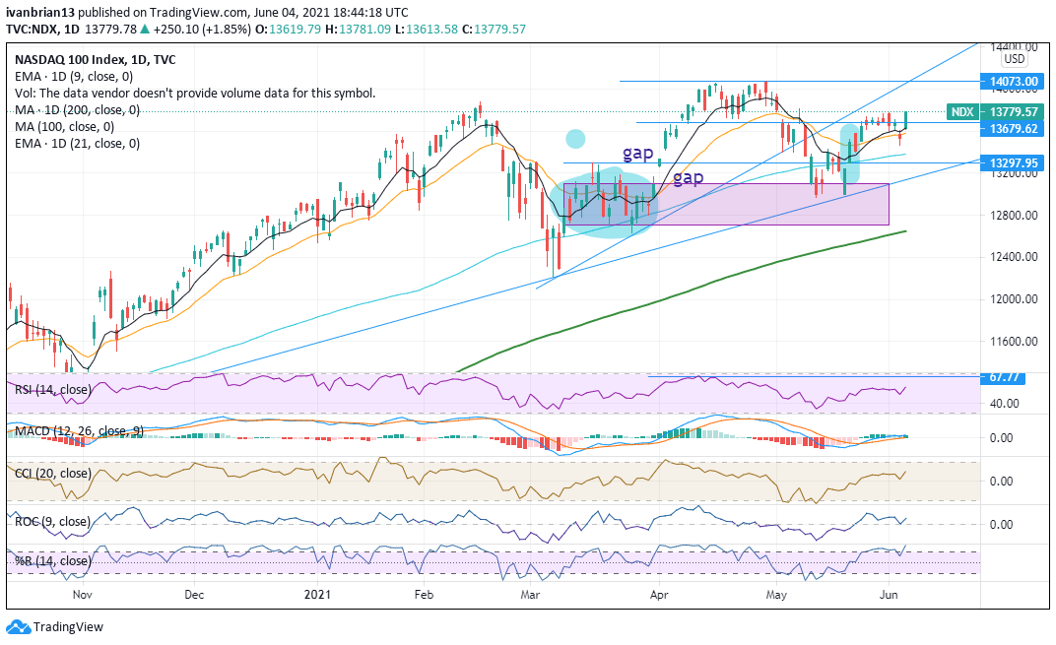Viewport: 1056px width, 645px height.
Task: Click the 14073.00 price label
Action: pos(1011,81)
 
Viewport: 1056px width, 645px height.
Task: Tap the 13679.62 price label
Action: pos(1011,128)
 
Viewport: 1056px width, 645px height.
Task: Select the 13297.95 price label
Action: pos(1011,162)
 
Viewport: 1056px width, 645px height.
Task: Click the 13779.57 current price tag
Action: pos(1011,112)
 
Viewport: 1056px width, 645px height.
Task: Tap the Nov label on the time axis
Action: pos(82,595)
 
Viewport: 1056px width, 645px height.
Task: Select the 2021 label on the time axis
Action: pos(317,595)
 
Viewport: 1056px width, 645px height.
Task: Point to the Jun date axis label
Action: pos(889,595)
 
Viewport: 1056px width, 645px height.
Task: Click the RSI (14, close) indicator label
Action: pos(54,389)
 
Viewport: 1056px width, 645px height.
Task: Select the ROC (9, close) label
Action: pos(52,521)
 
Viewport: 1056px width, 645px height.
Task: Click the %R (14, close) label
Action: pos(51,561)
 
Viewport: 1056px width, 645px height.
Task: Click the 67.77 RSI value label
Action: pos(1003,377)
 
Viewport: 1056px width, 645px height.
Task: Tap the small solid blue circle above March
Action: pos(575,139)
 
